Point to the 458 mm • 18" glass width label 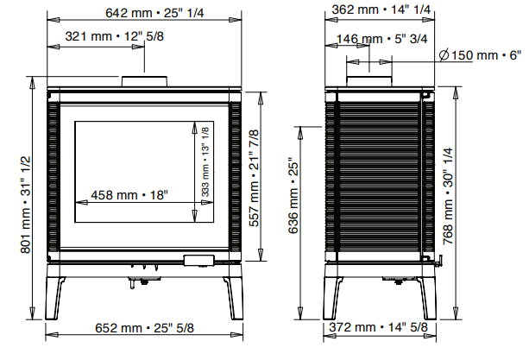click(130, 195)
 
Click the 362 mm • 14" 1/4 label click(377, 11)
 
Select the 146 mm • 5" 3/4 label click(372, 39)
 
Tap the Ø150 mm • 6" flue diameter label click(481, 55)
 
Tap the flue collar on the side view click(370, 81)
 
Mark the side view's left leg click(332, 295)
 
